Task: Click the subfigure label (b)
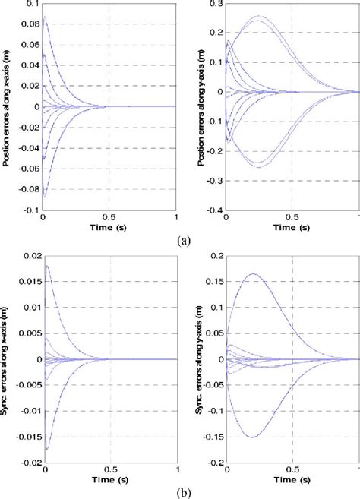[181, 490]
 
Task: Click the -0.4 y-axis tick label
[213, 210]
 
